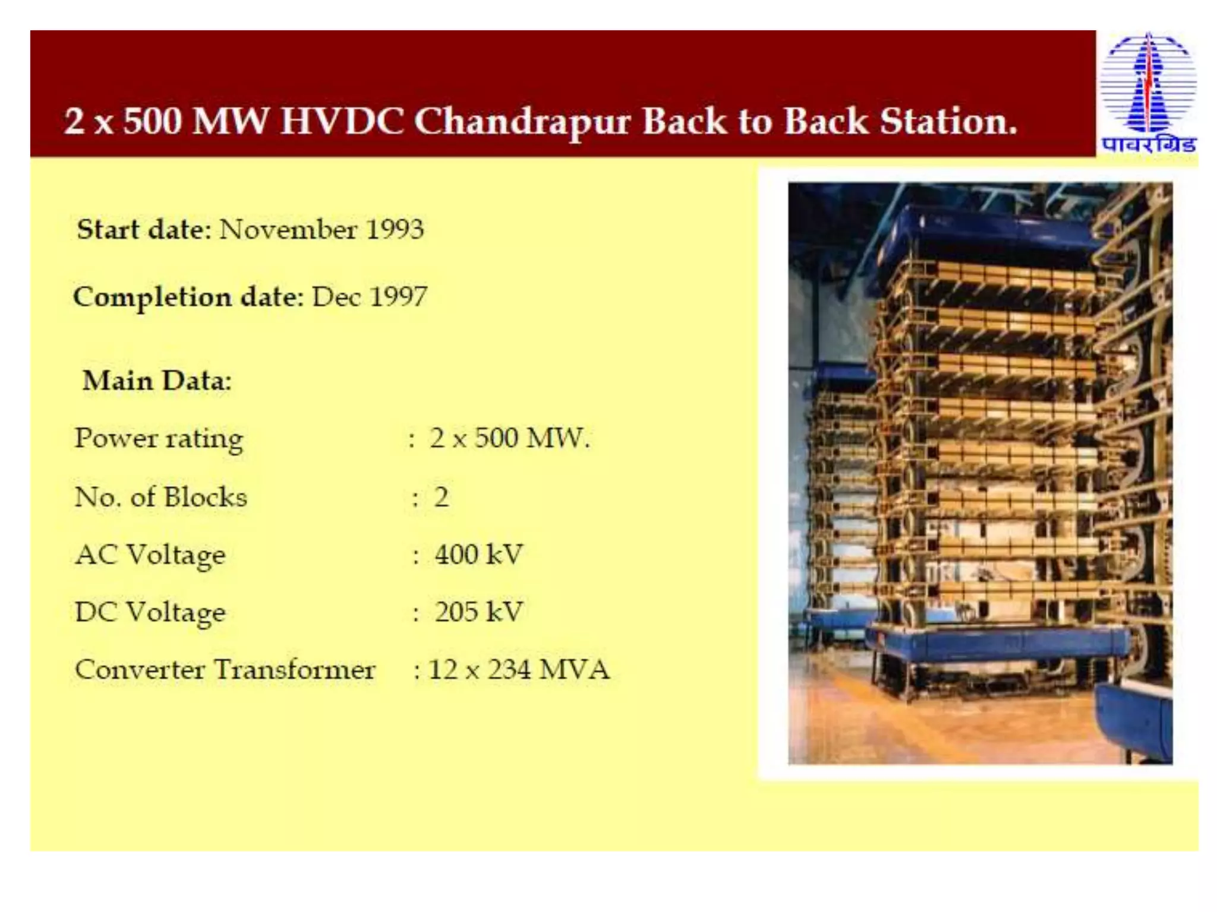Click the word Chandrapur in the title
[x=522, y=122]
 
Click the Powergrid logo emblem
[x=1148, y=83]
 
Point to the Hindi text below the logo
[x=1148, y=145]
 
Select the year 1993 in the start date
[x=395, y=230]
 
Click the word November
[x=288, y=230]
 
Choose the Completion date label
[x=188, y=297]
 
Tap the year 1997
[x=398, y=297]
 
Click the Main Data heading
[x=157, y=381]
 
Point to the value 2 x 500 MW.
[x=509, y=438]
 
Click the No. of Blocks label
[x=160, y=497]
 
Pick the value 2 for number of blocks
[x=441, y=497]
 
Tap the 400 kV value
[x=478, y=555]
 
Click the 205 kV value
[x=478, y=612]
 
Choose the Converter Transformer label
[x=225, y=670]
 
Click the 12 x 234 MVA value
[x=519, y=670]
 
